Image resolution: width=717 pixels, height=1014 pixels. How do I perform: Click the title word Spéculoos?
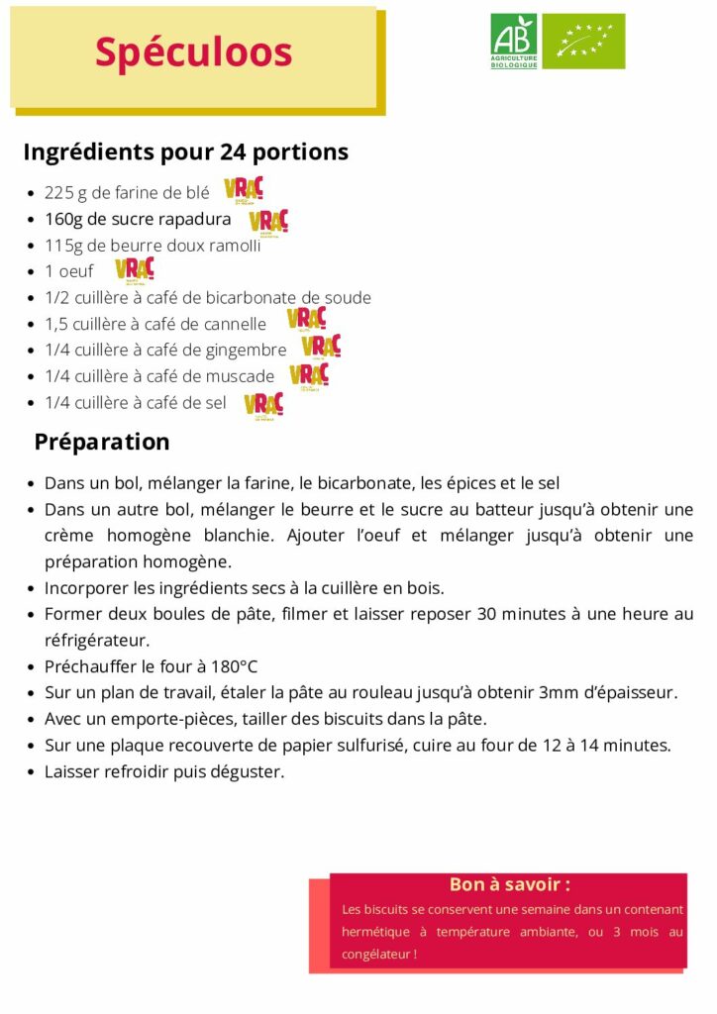pyautogui.click(x=193, y=52)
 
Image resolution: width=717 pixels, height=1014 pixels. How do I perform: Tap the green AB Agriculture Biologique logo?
pyautogui.click(x=514, y=42)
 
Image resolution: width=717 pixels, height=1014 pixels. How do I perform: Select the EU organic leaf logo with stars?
pyautogui.click(x=583, y=42)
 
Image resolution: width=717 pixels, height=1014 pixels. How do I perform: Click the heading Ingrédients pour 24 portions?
pyautogui.click(x=185, y=152)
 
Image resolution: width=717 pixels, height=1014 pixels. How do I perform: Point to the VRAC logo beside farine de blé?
pyautogui.click(x=243, y=189)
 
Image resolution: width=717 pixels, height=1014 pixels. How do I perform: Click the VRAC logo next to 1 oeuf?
pyautogui.click(x=135, y=268)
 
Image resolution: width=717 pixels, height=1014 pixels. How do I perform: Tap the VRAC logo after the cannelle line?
pyautogui.click(x=306, y=319)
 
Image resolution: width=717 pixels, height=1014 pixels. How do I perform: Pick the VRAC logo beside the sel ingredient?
pyautogui.click(x=263, y=405)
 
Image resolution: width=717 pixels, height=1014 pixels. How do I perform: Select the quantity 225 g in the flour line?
pyautogui.click(x=65, y=193)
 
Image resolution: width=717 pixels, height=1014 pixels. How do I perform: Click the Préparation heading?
pyautogui.click(x=102, y=442)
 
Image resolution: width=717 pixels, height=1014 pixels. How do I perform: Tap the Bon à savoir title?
pyautogui.click(x=509, y=884)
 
